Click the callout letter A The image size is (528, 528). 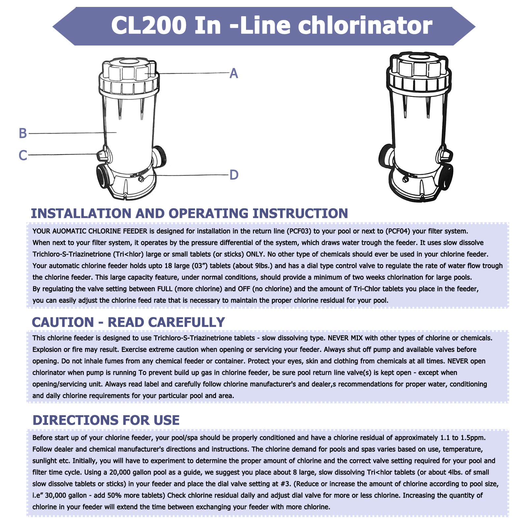click(x=233, y=73)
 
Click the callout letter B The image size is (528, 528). click(x=23, y=133)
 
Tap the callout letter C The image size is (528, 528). click(x=23, y=155)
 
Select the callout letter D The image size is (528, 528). click(x=233, y=175)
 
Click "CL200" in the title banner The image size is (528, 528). click(x=149, y=25)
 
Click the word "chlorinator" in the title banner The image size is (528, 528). click(x=365, y=25)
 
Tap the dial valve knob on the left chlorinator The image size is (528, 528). click(x=102, y=155)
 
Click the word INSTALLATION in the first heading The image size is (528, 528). click(x=81, y=213)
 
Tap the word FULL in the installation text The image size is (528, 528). click(x=165, y=289)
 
